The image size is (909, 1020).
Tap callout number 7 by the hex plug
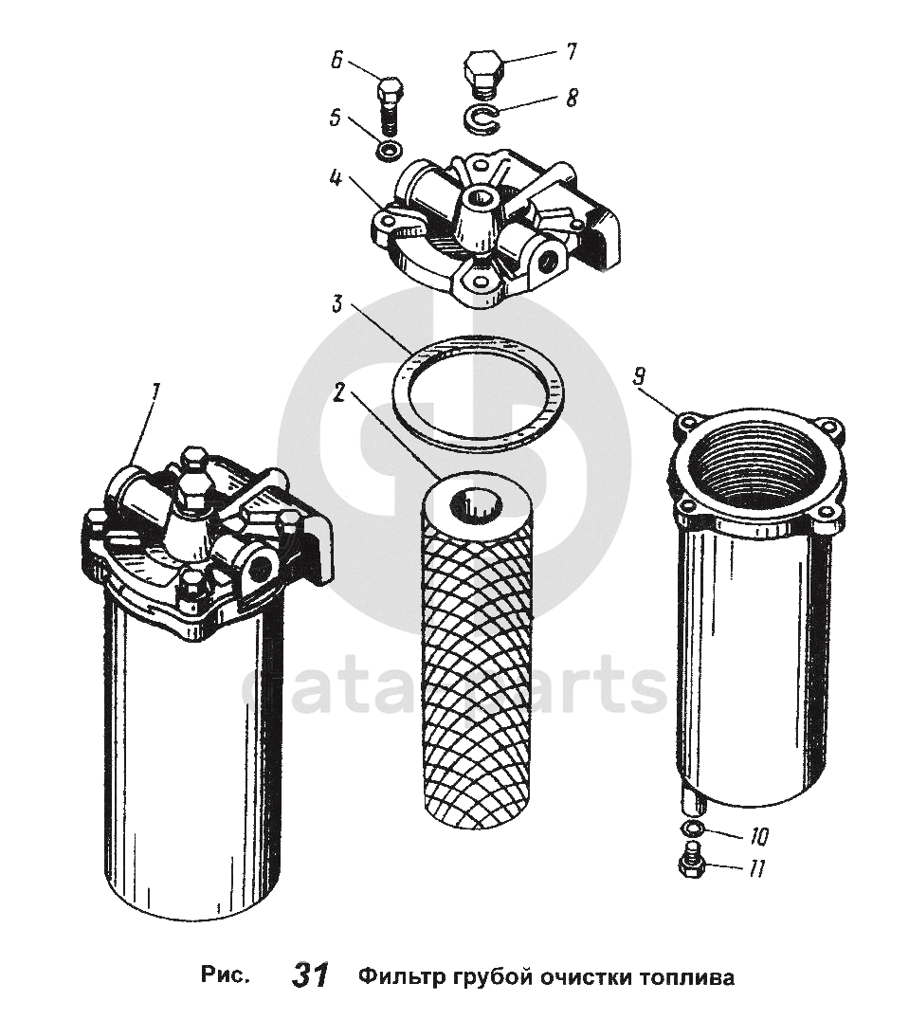tap(571, 51)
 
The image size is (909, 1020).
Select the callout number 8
tap(571, 99)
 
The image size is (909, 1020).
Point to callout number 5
tap(336, 119)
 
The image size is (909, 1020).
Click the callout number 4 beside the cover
tap(336, 177)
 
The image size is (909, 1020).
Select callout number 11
tap(756, 869)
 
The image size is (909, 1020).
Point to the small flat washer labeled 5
tap(389, 151)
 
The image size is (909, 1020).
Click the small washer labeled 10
tap(692, 829)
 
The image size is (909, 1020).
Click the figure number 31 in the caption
tap(311, 975)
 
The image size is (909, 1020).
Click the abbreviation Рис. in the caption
tap(225, 976)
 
